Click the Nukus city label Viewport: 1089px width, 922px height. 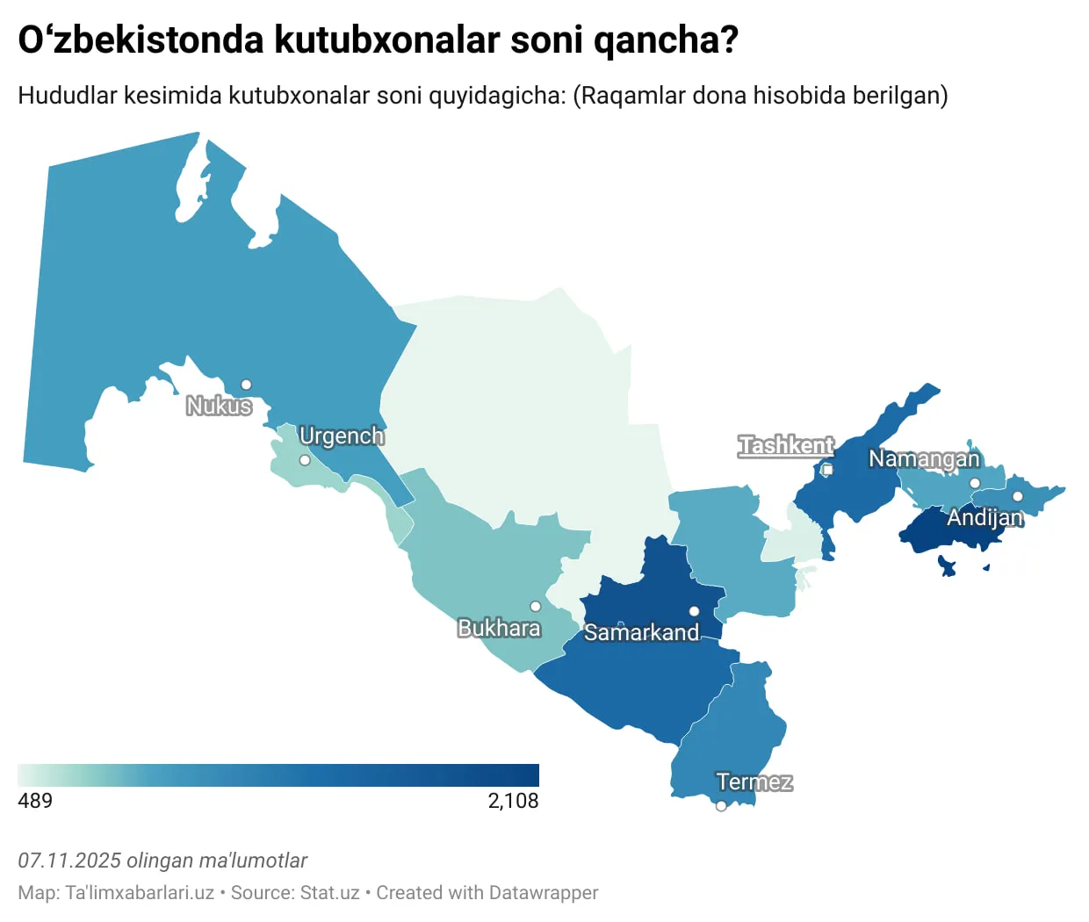[x=219, y=406]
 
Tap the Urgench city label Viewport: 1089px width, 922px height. [x=342, y=436]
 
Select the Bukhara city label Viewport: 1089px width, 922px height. [x=499, y=628]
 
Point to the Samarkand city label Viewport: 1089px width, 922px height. [x=641, y=632]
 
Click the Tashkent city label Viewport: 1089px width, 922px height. [x=786, y=445]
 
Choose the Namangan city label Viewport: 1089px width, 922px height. [x=924, y=458]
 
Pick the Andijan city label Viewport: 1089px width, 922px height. [x=984, y=517]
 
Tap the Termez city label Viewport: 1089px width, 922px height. [x=754, y=782]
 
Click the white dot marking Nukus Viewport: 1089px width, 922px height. [x=246, y=385]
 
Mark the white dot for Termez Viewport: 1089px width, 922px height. [x=721, y=806]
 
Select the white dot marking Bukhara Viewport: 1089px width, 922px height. [x=535, y=607]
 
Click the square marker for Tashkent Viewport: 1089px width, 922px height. [x=827, y=470]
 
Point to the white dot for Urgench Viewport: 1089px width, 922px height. [x=305, y=460]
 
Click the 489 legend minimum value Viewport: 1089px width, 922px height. [x=35, y=801]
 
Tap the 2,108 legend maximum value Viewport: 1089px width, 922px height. [x=513, y=801]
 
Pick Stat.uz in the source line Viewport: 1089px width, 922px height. [x=329, y=893]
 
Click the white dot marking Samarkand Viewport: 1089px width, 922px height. [x=694, y=611]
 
